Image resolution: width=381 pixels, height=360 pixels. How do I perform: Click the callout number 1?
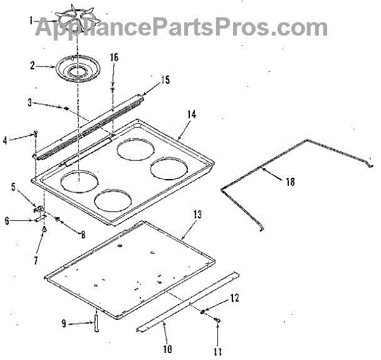(29, 20)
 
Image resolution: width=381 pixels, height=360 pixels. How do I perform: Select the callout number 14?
(191, 114)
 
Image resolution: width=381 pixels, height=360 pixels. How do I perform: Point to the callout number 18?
(290, 182)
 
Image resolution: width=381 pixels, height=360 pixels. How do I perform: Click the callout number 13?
(197, 214)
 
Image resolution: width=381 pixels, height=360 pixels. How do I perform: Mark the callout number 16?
(114, 57)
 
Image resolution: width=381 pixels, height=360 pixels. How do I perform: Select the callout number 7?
(36, 260)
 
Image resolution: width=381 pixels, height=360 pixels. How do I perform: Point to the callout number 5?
(13, 187)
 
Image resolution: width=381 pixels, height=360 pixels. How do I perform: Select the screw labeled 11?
(218, 324)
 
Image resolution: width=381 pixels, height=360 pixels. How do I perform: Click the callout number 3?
(29, 102)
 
